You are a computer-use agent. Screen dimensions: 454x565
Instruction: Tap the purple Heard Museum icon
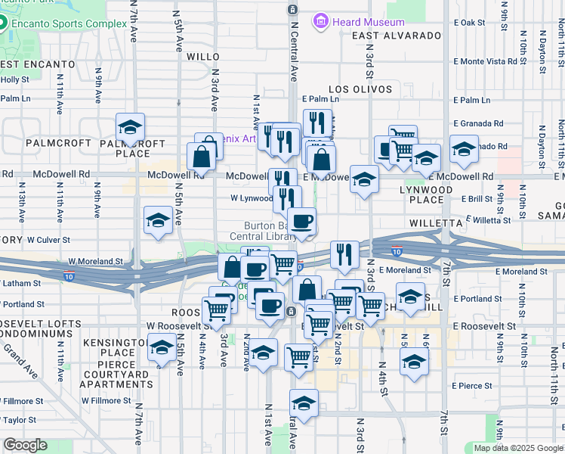click(322, 21)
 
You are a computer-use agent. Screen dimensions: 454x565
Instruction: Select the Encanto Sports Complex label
click(69, 23)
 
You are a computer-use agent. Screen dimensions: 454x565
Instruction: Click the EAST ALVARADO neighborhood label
click(396, 36)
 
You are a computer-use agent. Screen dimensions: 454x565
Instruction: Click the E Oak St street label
click(469, 23)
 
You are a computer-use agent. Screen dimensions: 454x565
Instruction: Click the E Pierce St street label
click(471, 386)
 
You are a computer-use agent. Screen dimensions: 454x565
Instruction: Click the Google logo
click(25, 445)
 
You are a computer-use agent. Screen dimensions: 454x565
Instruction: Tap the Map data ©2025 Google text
click(517, 448)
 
